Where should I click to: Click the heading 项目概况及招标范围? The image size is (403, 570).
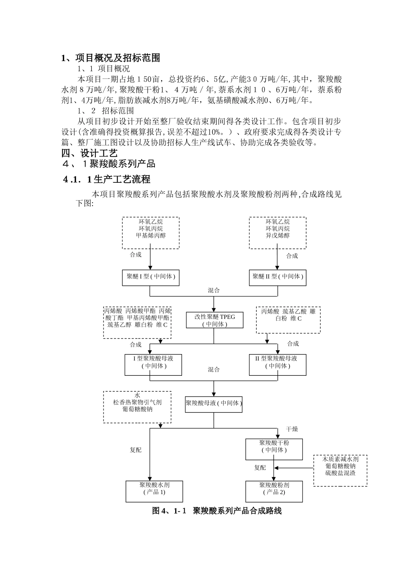click(111, 58)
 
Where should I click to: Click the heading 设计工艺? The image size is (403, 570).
click(90, 153)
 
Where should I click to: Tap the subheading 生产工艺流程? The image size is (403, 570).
click(106, 179)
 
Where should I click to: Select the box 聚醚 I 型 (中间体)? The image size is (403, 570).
click(151, 277)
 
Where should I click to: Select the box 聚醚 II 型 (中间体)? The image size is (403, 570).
click(278, 277)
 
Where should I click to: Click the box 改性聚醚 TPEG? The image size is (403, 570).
click(215, 320)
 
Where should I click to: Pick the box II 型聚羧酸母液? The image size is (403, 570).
click(278, 364)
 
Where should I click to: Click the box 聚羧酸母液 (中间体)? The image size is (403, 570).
click(214, 404)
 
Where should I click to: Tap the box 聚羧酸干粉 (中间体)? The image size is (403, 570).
click(274, 449)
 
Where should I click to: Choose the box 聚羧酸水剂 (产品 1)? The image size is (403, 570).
click(154, 491)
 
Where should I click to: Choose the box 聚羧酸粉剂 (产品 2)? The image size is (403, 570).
click(274, 491)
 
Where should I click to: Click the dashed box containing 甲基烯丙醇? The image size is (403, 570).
click(151, 233)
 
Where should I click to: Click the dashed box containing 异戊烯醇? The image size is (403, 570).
click(278, 233)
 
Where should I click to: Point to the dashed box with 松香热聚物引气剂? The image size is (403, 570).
click(137, 407)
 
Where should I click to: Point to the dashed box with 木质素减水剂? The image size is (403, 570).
click(340, 470)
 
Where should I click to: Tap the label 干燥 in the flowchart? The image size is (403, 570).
click(292, 429)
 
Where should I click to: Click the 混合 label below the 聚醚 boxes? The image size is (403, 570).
click(214, 291)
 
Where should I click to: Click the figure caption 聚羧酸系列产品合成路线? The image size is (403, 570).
click(217, 511)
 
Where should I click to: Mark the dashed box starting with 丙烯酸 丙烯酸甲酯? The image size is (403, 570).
click(137, 322)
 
